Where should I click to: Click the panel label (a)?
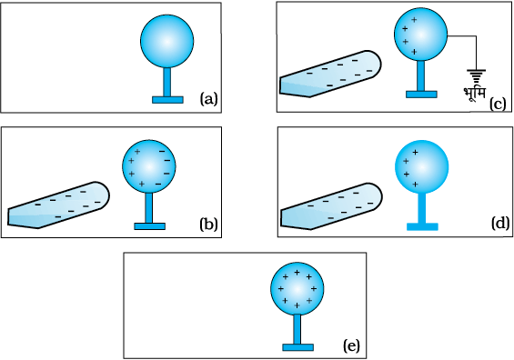click(209, 99)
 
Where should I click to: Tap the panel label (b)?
click(209, 225)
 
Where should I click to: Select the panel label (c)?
click(498, 105)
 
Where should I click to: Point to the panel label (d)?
click(500, 223)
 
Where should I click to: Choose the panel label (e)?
click(351, 345)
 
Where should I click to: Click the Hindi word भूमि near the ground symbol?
click(474, 94)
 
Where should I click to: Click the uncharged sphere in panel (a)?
click(166, 41)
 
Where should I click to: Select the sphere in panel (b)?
click(149, 166)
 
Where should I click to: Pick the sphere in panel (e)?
click(297, 288)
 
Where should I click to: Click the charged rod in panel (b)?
click(58, 205)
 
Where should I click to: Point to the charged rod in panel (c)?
click(330, 74)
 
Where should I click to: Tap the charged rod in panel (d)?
click(331, 206)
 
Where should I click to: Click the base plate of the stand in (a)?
click(167, 100)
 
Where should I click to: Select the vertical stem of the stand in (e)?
click(297, 329)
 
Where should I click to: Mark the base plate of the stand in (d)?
click(422, 226)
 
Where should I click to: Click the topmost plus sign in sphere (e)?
click(297, 273)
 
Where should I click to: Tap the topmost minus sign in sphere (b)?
click(162, 151)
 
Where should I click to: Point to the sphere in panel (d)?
click(421, 167)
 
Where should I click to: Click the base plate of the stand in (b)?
click(149, 226)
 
